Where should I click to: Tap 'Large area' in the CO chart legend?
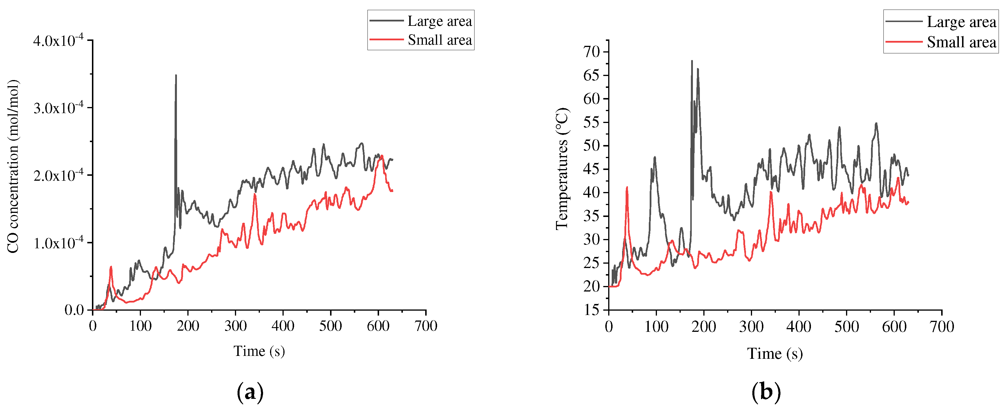pos(439,21)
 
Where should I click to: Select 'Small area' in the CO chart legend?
pos(439,40)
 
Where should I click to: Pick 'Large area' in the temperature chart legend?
pos(961,22)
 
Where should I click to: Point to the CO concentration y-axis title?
pos(13,166)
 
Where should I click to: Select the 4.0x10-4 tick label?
pos(59,41)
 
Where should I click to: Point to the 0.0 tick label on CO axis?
pos(74,310)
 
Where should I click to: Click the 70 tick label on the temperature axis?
pos(591,52)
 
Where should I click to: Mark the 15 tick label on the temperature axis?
pos(591,310)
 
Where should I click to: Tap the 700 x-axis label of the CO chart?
pos(426,326)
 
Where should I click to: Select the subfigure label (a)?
pos(250,392)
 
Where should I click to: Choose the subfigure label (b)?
pos(766,392)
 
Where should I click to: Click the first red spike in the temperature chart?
pos(627,188)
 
